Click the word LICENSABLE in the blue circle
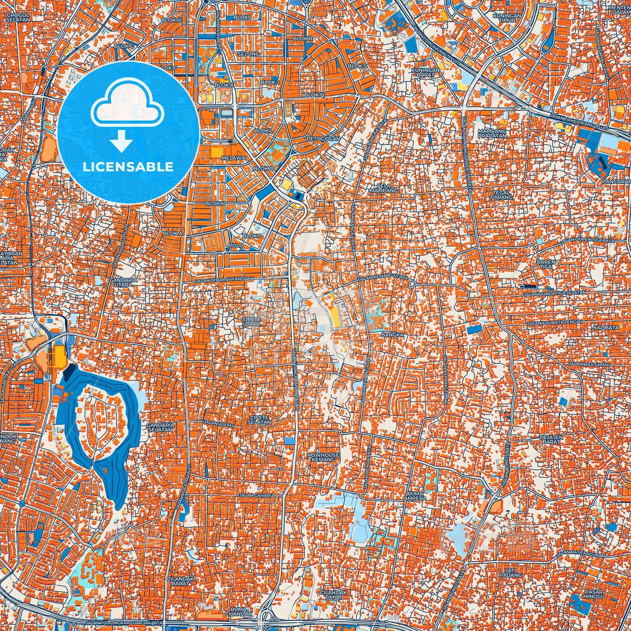coord(128,166)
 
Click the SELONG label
coord(248,54)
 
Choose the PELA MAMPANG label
coord(378,188)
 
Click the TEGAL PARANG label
coord(501,195)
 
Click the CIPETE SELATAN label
coord(259,420)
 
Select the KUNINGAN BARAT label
coord(425,72)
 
